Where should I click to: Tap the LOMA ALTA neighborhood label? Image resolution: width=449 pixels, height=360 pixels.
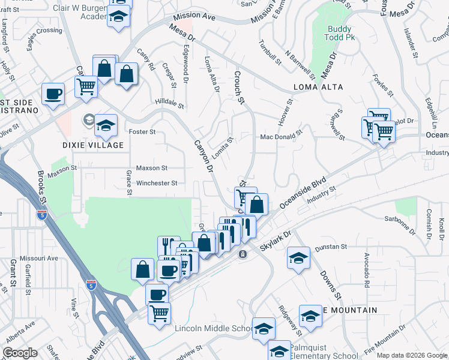(x=318, y=87)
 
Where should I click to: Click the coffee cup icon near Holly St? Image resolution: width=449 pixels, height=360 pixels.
(x=53, y=94)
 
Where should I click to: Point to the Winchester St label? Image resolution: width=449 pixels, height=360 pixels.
(x=157, y=183)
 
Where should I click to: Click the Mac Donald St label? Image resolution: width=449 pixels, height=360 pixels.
(x=280, y=137)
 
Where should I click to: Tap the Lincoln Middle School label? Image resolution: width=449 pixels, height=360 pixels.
(x=213, y=328)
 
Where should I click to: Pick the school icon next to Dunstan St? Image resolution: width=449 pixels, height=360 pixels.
(x=298, y=258)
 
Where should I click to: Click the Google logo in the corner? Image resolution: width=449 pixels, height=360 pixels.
(x=20, y=353)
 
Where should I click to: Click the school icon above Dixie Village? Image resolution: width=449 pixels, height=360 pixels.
(x=106, y=125)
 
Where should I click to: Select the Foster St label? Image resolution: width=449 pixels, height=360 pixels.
(x=143, y=131)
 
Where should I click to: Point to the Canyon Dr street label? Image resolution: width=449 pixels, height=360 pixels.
(x=203, y=157)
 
